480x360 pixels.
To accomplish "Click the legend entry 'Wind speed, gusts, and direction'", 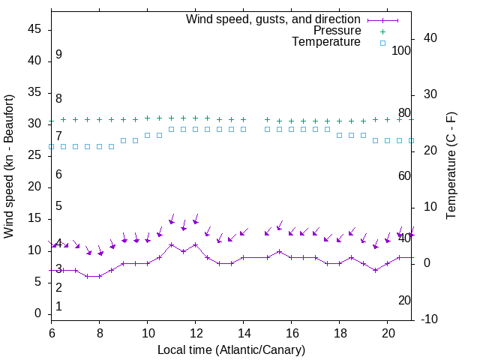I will (x=274, y=19).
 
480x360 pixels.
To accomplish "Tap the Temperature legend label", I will (x=326, y=42).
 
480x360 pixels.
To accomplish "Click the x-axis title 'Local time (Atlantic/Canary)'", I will (x=232, y=349).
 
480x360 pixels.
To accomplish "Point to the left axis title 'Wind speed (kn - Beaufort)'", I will (x=9, y=166).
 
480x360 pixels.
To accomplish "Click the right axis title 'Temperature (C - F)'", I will (x=451, y=166).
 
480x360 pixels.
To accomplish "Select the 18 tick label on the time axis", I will (x=340, y=331).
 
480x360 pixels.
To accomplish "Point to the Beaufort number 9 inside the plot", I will (x=58, y=55).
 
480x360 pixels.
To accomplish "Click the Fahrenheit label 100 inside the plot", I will (x=401, y=51).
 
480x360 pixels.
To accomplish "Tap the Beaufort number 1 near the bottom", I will (x=58, y=307).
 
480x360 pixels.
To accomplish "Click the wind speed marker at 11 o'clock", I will (x=172, y=244).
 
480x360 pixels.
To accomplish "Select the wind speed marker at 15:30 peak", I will (x=280, y=251).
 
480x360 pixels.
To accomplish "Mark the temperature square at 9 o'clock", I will (x=124, y=140).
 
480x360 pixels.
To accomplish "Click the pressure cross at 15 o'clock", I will (x=268, y=119).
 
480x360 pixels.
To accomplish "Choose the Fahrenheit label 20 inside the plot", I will (x=404, y=301).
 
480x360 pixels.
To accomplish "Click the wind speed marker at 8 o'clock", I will (x=100, y=276).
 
